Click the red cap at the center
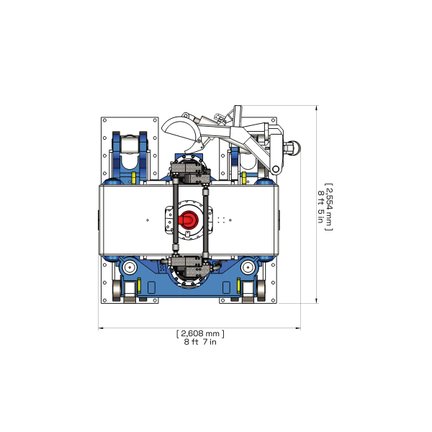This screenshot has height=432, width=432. (x=189, y=219)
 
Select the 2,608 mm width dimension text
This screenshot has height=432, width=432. (x=200, y=333)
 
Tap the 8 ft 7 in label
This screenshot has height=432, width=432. (x=200, y=342)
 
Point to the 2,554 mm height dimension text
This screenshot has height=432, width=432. (x=329, y=206)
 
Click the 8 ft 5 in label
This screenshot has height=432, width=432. (x=320, y=206)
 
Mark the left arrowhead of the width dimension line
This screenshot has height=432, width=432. (x=101, y=328)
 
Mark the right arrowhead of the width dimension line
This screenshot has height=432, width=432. (x=298, y=328)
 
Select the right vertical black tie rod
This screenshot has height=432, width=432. (x=207, y=220)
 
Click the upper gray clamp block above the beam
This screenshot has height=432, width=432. (x=189, y=170)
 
